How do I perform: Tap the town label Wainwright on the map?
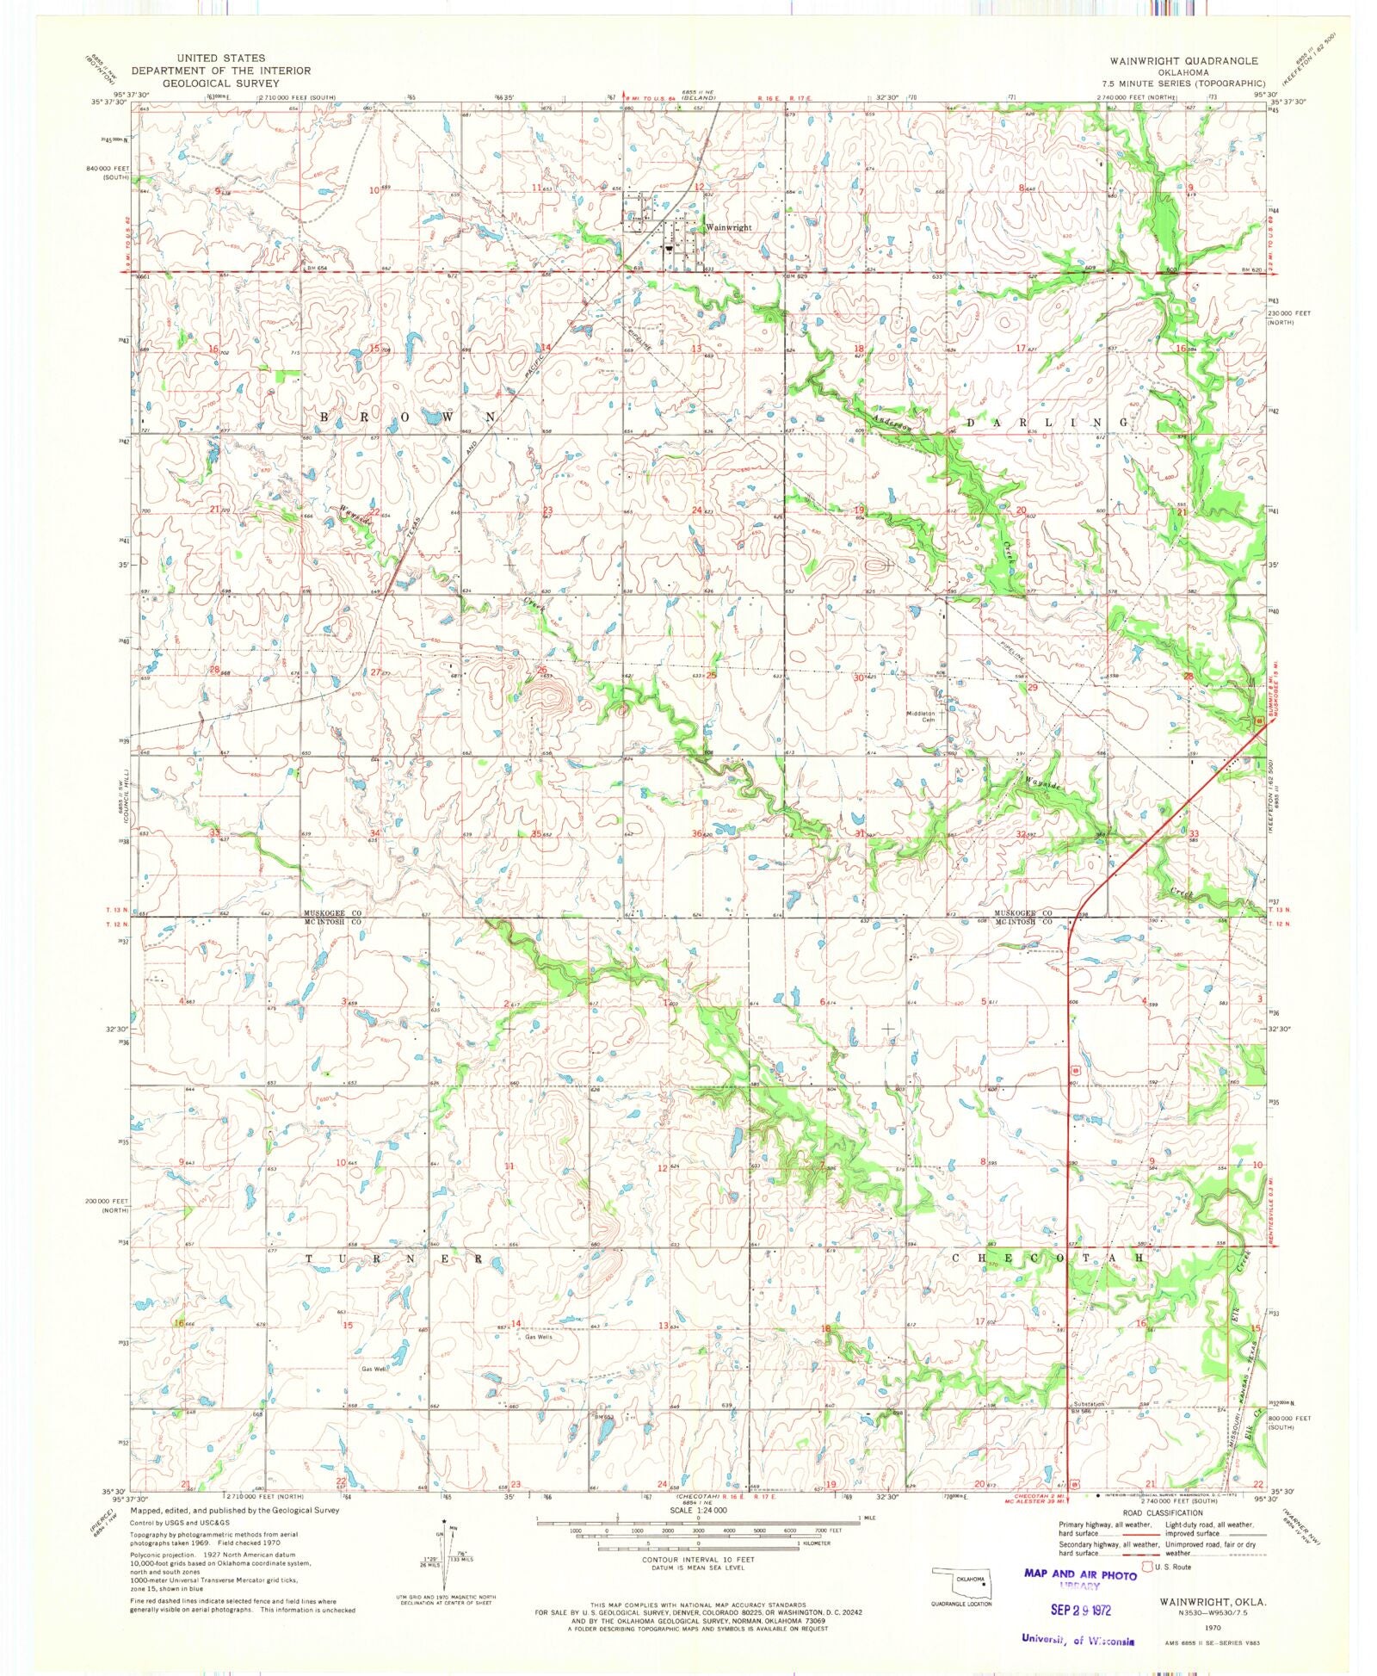[728, 228]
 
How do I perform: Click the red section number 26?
[542, 669]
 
